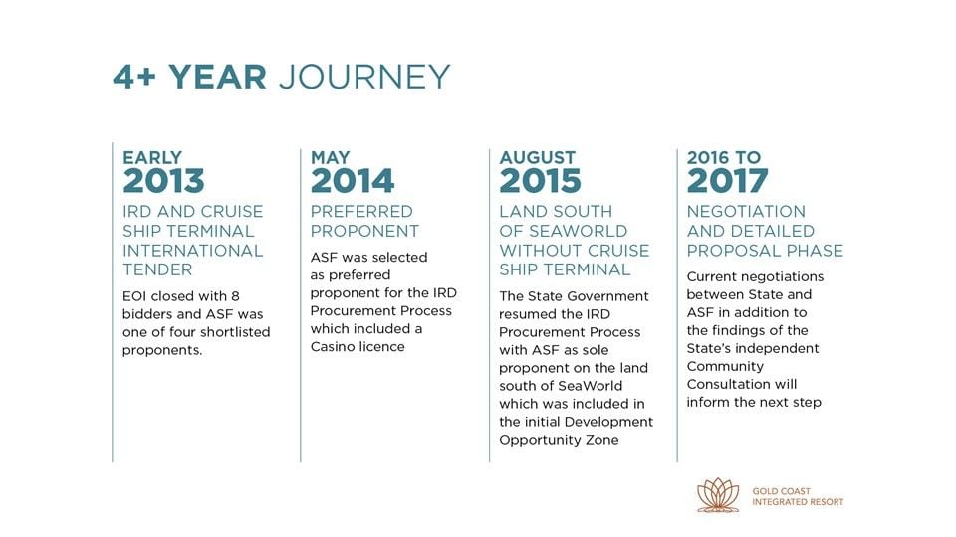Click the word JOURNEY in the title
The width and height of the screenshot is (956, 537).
(364, 77)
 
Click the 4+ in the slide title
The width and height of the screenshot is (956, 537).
(134, 77)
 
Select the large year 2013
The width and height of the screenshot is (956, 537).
(163, 181)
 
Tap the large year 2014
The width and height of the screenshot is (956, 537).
(353, 181)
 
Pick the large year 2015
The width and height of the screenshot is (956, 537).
(540, 181)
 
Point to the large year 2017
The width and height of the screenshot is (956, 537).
(727, 181)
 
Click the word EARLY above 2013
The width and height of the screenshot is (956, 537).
(152, 158)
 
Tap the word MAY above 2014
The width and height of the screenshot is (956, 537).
(330, 158)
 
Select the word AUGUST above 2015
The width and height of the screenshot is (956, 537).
(537, 158)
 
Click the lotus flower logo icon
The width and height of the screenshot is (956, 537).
(718, 495)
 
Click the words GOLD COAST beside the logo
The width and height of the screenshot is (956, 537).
(781, 491)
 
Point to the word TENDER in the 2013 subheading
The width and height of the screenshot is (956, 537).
(157, 269)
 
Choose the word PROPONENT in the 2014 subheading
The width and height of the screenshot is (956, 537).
(364, 231)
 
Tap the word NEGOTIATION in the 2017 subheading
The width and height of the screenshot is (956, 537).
(746, 211)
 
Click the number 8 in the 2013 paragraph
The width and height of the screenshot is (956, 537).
(235, 296)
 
